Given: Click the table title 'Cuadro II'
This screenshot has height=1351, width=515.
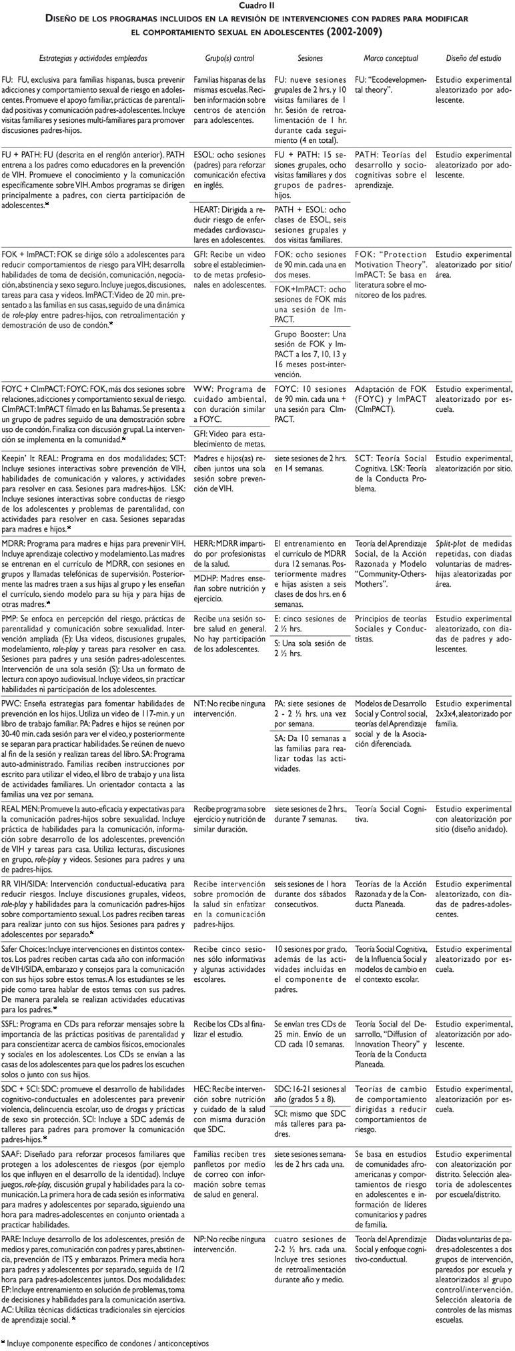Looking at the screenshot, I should [x=257, y=6].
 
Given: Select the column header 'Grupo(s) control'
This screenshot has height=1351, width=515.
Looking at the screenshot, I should [x=229, y=58].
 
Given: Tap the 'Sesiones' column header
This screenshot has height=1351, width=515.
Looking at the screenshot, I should [x=310, y=58].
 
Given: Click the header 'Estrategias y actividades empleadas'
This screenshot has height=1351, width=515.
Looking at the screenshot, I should [x=93, y=58].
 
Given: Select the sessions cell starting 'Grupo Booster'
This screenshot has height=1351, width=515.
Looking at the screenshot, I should [x=310, y=353].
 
